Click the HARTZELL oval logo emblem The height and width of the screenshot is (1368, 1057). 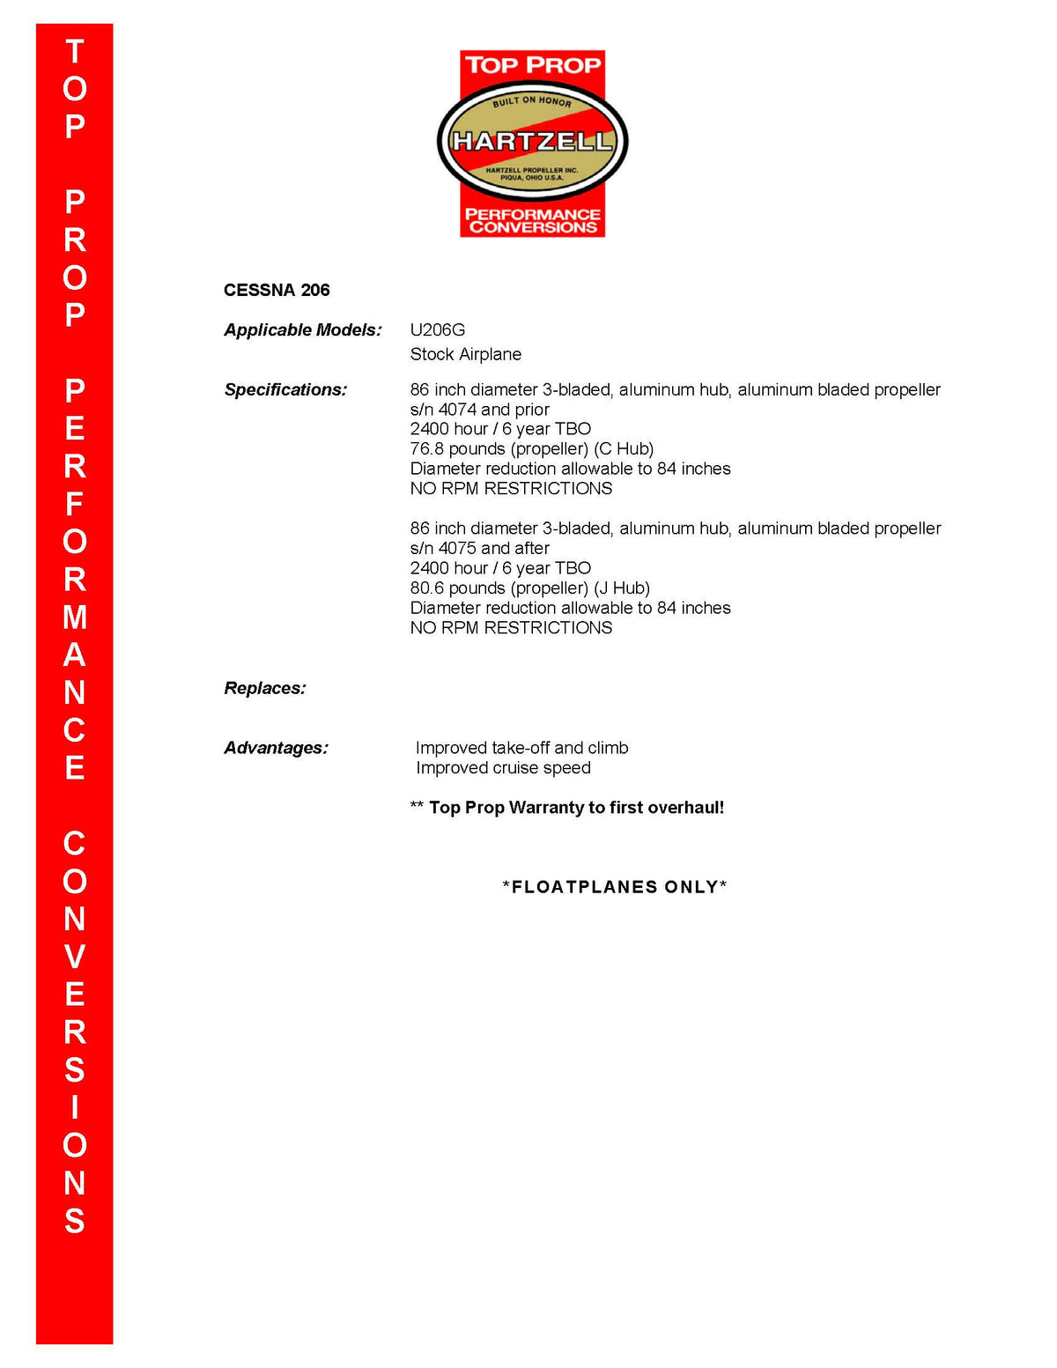532,141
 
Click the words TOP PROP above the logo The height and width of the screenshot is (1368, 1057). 532,65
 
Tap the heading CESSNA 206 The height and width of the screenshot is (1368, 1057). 277,290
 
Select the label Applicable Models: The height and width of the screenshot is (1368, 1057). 303,330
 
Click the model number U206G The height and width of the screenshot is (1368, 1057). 437,330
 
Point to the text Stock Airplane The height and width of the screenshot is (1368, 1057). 465,354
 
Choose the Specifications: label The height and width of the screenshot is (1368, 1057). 285,389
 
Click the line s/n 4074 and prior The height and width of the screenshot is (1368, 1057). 479,410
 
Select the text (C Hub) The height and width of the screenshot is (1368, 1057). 624,448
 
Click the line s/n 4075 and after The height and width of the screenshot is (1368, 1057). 479,548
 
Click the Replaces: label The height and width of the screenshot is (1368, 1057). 264,688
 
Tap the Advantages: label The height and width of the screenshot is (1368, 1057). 276,748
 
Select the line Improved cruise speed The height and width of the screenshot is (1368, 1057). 503,768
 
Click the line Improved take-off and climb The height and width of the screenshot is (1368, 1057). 521,748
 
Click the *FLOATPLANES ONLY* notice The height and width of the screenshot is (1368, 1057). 615,887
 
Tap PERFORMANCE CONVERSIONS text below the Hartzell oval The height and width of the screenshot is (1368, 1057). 532,220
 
